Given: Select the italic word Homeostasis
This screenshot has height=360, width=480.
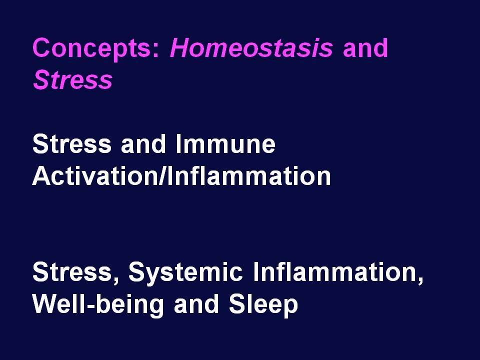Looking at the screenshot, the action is (251, 48).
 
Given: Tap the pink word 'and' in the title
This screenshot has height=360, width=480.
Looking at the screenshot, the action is (365, 48).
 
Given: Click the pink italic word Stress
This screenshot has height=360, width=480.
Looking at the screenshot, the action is (73, 80).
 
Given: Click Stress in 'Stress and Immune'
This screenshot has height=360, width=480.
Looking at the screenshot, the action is (72, 144).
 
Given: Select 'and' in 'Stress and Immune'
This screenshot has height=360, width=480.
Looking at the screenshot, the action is (143, 144).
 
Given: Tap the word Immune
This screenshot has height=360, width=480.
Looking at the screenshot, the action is (225, 144).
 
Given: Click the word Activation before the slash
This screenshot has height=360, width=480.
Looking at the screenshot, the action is (95, 176).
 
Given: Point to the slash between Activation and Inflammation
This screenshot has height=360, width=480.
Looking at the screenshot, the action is (162, 176).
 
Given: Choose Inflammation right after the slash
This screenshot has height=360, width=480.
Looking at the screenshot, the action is (249, 176).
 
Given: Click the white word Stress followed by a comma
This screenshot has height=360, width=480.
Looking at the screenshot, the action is (72, 272).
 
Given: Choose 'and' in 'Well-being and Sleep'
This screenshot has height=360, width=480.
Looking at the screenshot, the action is (196, 304).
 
